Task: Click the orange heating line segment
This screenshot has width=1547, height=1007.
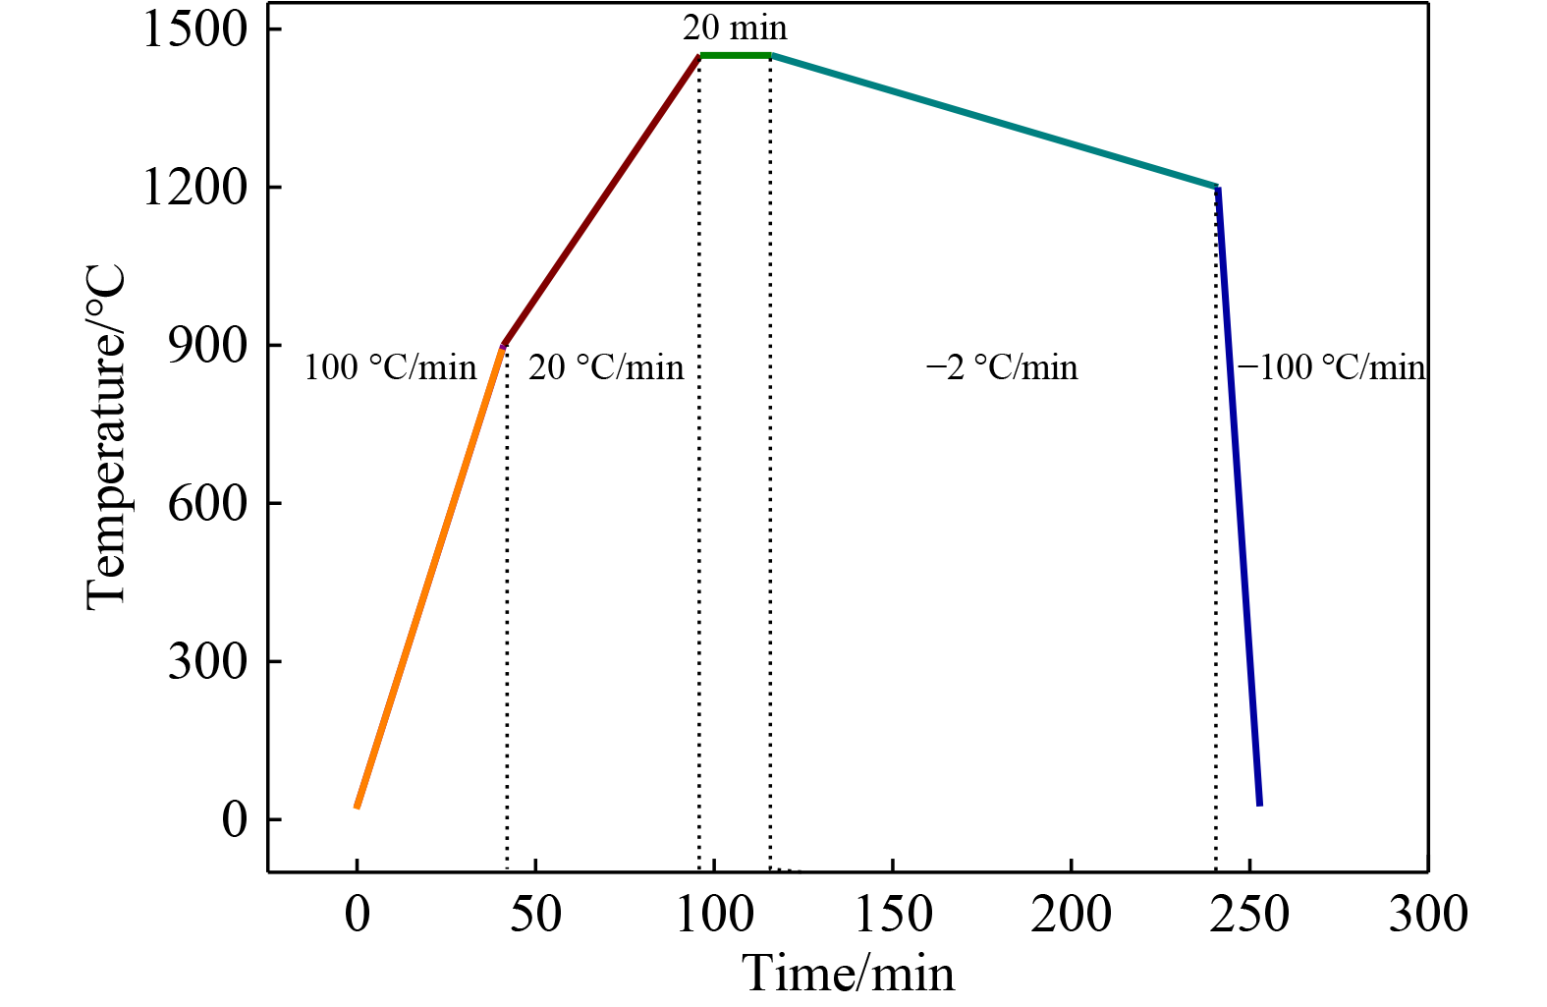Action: pos(429,577)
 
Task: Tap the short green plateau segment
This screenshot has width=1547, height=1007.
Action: pos(735,55)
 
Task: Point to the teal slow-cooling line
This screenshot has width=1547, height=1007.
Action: pos(994,121)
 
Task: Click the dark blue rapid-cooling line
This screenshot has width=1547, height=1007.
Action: pos(1239,496)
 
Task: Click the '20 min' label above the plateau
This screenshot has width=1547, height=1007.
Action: pos(735,28)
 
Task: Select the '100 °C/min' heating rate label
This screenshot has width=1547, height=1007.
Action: pos(390,367)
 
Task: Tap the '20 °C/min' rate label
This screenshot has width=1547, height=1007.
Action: pos(606,367)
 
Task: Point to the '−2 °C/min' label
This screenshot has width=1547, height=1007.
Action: pos(1002,367)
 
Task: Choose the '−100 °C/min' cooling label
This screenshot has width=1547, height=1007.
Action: pos(1331,367)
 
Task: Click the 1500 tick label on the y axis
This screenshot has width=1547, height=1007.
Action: pos(194,29)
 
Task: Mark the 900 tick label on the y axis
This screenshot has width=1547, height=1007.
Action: pos(207,346)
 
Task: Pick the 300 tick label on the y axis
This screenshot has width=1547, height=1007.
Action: pos(207,661)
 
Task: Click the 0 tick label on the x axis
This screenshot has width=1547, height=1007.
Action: pos(358,914)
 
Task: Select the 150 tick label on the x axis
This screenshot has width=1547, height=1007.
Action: pos(893,914)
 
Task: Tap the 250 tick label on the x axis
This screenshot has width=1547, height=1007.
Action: pos(1249,914)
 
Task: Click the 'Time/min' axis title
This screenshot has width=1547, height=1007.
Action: pos(848,974)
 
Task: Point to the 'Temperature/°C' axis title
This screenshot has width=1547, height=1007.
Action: pos(106,437)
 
